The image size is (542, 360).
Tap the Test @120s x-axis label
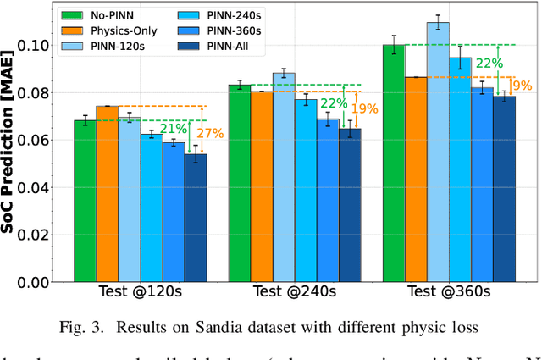(141, 292)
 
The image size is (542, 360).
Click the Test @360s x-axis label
(449, 292)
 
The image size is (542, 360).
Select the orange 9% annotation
(523, 85)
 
